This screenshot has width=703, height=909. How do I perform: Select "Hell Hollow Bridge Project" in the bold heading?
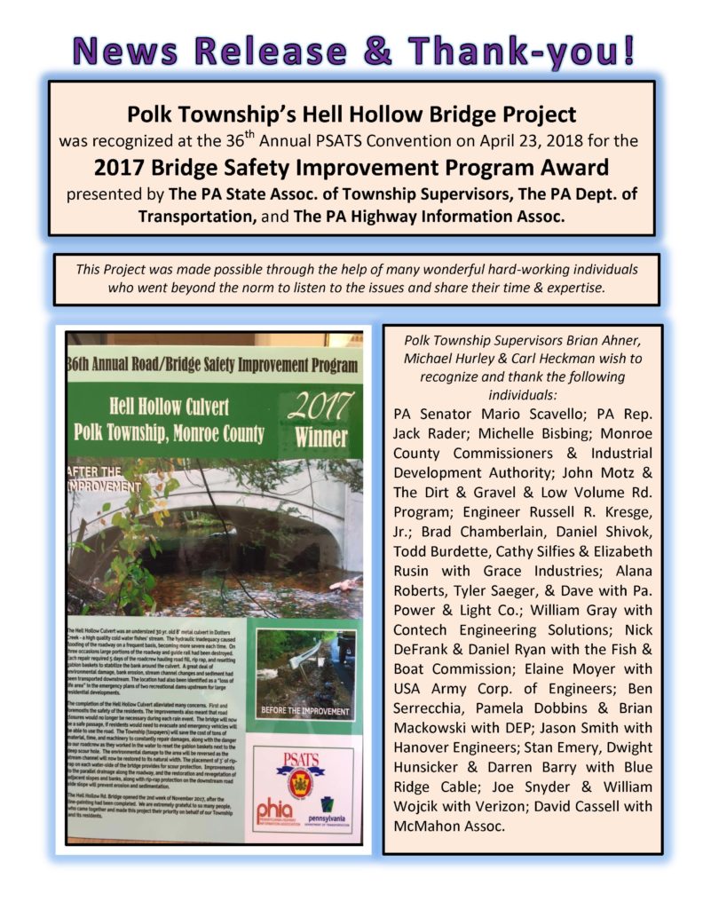click(x=442, y=115)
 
